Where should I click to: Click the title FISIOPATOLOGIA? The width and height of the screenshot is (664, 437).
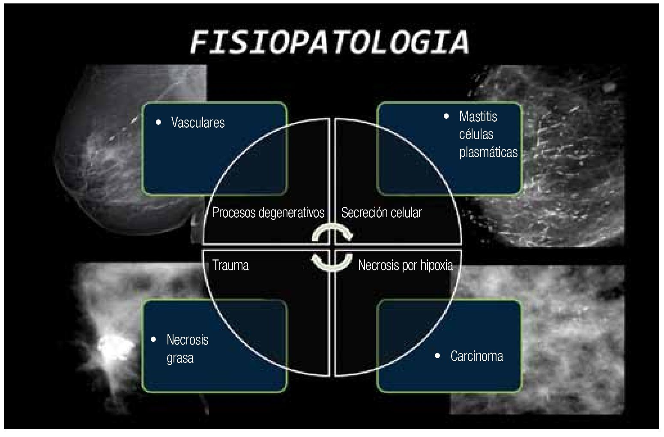[329, 42]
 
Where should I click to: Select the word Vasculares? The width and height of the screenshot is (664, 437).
[197, 123]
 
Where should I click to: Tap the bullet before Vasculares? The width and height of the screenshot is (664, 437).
[159, 122]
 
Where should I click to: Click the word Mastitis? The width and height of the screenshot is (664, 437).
[478, 117]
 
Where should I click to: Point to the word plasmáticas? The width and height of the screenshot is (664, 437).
[488, 152]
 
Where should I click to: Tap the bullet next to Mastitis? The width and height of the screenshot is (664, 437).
[447, 116]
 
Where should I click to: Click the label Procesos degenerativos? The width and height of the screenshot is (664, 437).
[268, 213]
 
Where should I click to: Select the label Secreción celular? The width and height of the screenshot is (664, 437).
[381, 213]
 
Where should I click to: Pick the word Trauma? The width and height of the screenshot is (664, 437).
[230, 265]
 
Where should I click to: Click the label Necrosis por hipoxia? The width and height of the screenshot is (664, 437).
[405, 266]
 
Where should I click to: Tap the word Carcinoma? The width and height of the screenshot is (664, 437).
[477, 356]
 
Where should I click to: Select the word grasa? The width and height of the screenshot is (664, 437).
[180, 358]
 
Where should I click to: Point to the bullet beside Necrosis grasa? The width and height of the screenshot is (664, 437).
[154, 340]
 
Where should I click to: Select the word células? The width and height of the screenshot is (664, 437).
[476, 135]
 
